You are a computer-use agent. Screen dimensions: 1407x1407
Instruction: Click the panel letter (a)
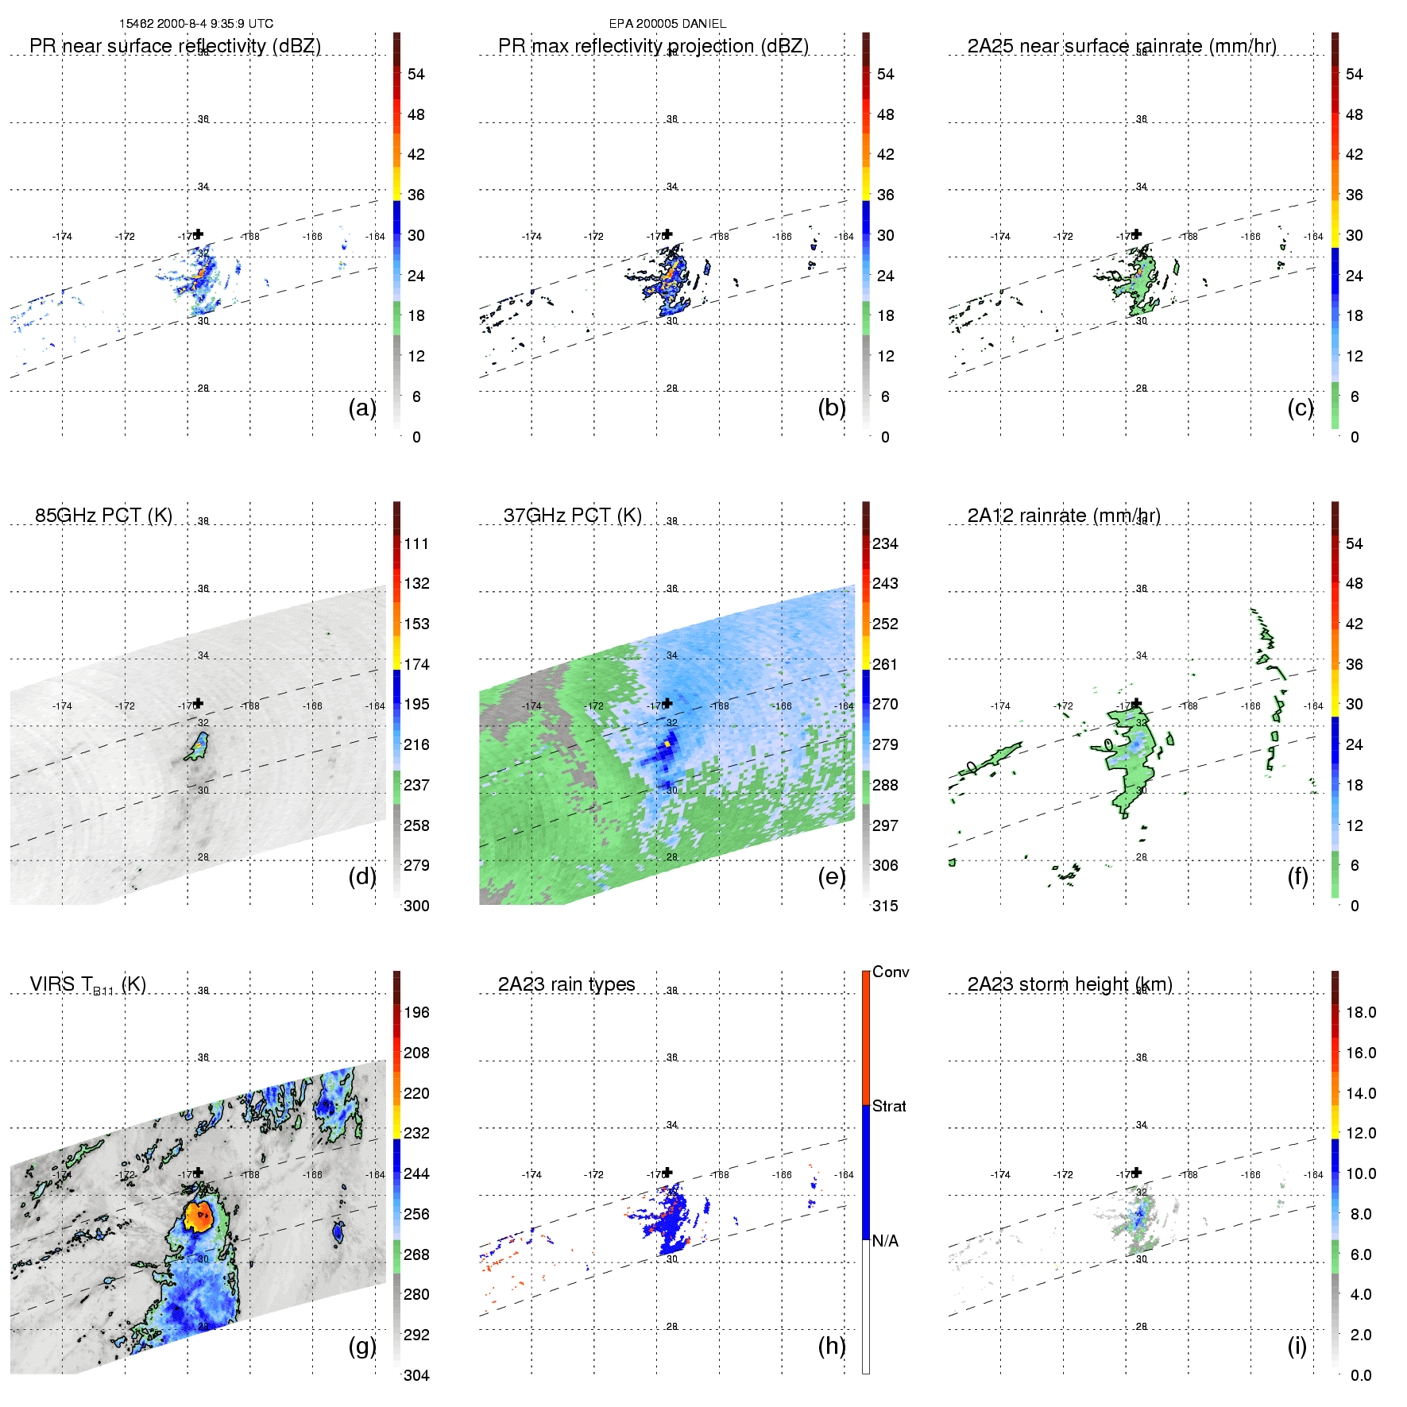[361, 408]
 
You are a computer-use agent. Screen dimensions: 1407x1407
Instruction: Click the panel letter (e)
[831, 877]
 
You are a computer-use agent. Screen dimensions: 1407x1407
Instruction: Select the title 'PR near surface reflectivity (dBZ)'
[175, 46]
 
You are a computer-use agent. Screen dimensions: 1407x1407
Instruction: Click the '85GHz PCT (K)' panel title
[103, 516]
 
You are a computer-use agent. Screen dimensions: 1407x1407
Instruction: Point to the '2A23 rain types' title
[566, 984]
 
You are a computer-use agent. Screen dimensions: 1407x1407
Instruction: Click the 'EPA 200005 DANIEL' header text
[667, 24]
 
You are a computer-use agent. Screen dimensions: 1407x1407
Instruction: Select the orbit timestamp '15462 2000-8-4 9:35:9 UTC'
[196, 24]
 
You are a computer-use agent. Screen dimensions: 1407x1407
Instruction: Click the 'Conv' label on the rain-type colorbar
[891, 972]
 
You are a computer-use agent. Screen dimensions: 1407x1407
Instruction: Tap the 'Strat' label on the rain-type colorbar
[889, 1107]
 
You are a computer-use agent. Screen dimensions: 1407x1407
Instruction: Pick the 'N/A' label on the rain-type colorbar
[885, 1241]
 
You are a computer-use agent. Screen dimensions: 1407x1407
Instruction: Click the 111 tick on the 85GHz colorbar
[416, 544]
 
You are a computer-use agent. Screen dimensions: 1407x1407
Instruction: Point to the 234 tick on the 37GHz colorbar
[885, 544]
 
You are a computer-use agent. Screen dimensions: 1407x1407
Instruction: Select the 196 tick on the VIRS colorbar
[416, 1013]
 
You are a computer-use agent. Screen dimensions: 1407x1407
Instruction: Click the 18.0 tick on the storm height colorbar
[1360, 1013]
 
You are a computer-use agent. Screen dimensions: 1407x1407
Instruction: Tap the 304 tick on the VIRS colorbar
[416, 1375]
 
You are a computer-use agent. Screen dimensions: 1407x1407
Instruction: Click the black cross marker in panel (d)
[199, 703]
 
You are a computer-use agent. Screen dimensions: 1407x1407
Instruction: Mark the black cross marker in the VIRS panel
[199, 1172]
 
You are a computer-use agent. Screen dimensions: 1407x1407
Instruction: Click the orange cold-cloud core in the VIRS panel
[198, 1216]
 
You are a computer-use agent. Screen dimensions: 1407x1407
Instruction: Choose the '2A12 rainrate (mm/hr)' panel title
[1064, 516]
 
